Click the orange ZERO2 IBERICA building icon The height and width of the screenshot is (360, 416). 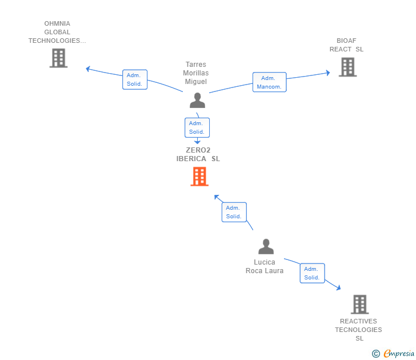(x=199, y=177)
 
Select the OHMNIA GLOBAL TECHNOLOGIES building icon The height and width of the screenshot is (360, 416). (x=59, y=58)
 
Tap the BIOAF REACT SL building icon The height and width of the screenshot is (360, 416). (x=348, y=67)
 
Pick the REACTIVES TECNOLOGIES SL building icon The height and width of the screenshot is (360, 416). (x=360, y=305)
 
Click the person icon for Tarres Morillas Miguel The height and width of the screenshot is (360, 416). (x=197, y=100)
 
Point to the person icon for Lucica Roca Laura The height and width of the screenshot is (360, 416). (x=266, y=247)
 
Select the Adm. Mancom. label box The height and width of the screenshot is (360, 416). (x=269, y=82)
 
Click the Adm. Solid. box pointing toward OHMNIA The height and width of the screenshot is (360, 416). (x=135, y=79)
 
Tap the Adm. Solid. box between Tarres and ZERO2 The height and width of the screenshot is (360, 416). (x=197, y=127)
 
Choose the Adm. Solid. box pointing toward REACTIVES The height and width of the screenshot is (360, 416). (x=312, y=273)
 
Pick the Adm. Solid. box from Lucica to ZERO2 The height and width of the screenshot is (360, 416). (x=234, y=212)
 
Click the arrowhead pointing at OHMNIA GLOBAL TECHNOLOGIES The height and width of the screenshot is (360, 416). (x=88, y=69)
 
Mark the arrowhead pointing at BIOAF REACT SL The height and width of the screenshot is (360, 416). (x=328, y=73)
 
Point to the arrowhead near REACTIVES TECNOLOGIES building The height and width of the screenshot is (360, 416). (x=338, y=288)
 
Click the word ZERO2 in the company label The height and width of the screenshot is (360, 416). (x=198, y=150)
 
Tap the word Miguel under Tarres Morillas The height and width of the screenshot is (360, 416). (x=196, y=82)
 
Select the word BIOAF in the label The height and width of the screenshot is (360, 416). (x=346, y=41)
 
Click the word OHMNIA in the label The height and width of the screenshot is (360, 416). (x=57, y=23)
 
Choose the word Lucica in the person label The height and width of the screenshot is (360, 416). (x=265, y=262)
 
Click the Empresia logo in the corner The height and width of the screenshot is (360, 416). (x=393, y=354)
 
